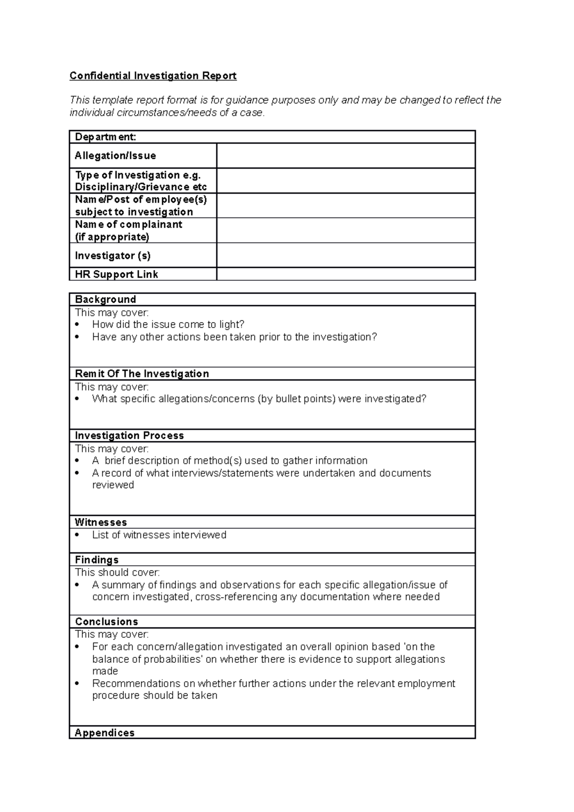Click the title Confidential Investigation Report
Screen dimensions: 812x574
153,76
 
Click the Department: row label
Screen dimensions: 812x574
106,137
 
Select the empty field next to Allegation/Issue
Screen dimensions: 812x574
345,155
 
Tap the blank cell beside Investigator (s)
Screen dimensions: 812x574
345,255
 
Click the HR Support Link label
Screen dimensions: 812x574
116,274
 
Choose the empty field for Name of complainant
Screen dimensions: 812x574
345,230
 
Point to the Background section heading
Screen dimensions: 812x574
106,299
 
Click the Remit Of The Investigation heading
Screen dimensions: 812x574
142,373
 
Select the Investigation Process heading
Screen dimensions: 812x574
129,436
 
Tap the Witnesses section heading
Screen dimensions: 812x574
101,522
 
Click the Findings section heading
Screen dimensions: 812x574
97,560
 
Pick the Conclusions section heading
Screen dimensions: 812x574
107,622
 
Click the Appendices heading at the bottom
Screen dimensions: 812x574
105,733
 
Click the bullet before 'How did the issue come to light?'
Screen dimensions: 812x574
77,325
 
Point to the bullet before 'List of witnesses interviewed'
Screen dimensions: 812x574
77,535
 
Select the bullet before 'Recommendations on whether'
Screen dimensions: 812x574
77,684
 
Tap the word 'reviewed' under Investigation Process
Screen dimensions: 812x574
113,485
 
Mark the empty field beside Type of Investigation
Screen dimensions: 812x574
345,181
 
